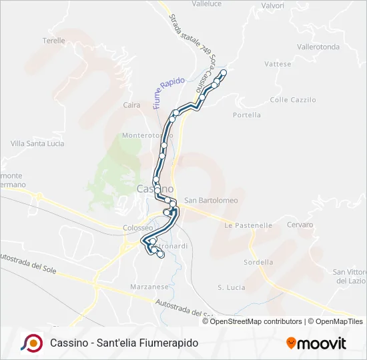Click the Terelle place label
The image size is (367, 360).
point(54,41)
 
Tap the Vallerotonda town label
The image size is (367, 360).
point(318,47)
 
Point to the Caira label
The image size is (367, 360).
point(131,105)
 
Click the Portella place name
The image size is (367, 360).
point(247,115)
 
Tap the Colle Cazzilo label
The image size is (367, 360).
point(292,99)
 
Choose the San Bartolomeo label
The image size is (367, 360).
point(211,200)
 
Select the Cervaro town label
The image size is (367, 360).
point(300,225)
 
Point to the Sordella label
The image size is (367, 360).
point(259,262)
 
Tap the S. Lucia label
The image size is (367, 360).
point(232,287)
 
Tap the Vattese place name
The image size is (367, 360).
point(278,64)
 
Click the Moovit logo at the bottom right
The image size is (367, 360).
point(316,343)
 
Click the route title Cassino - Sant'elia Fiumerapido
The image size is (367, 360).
point(124,343)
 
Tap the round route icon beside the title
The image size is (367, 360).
point(31,343)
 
